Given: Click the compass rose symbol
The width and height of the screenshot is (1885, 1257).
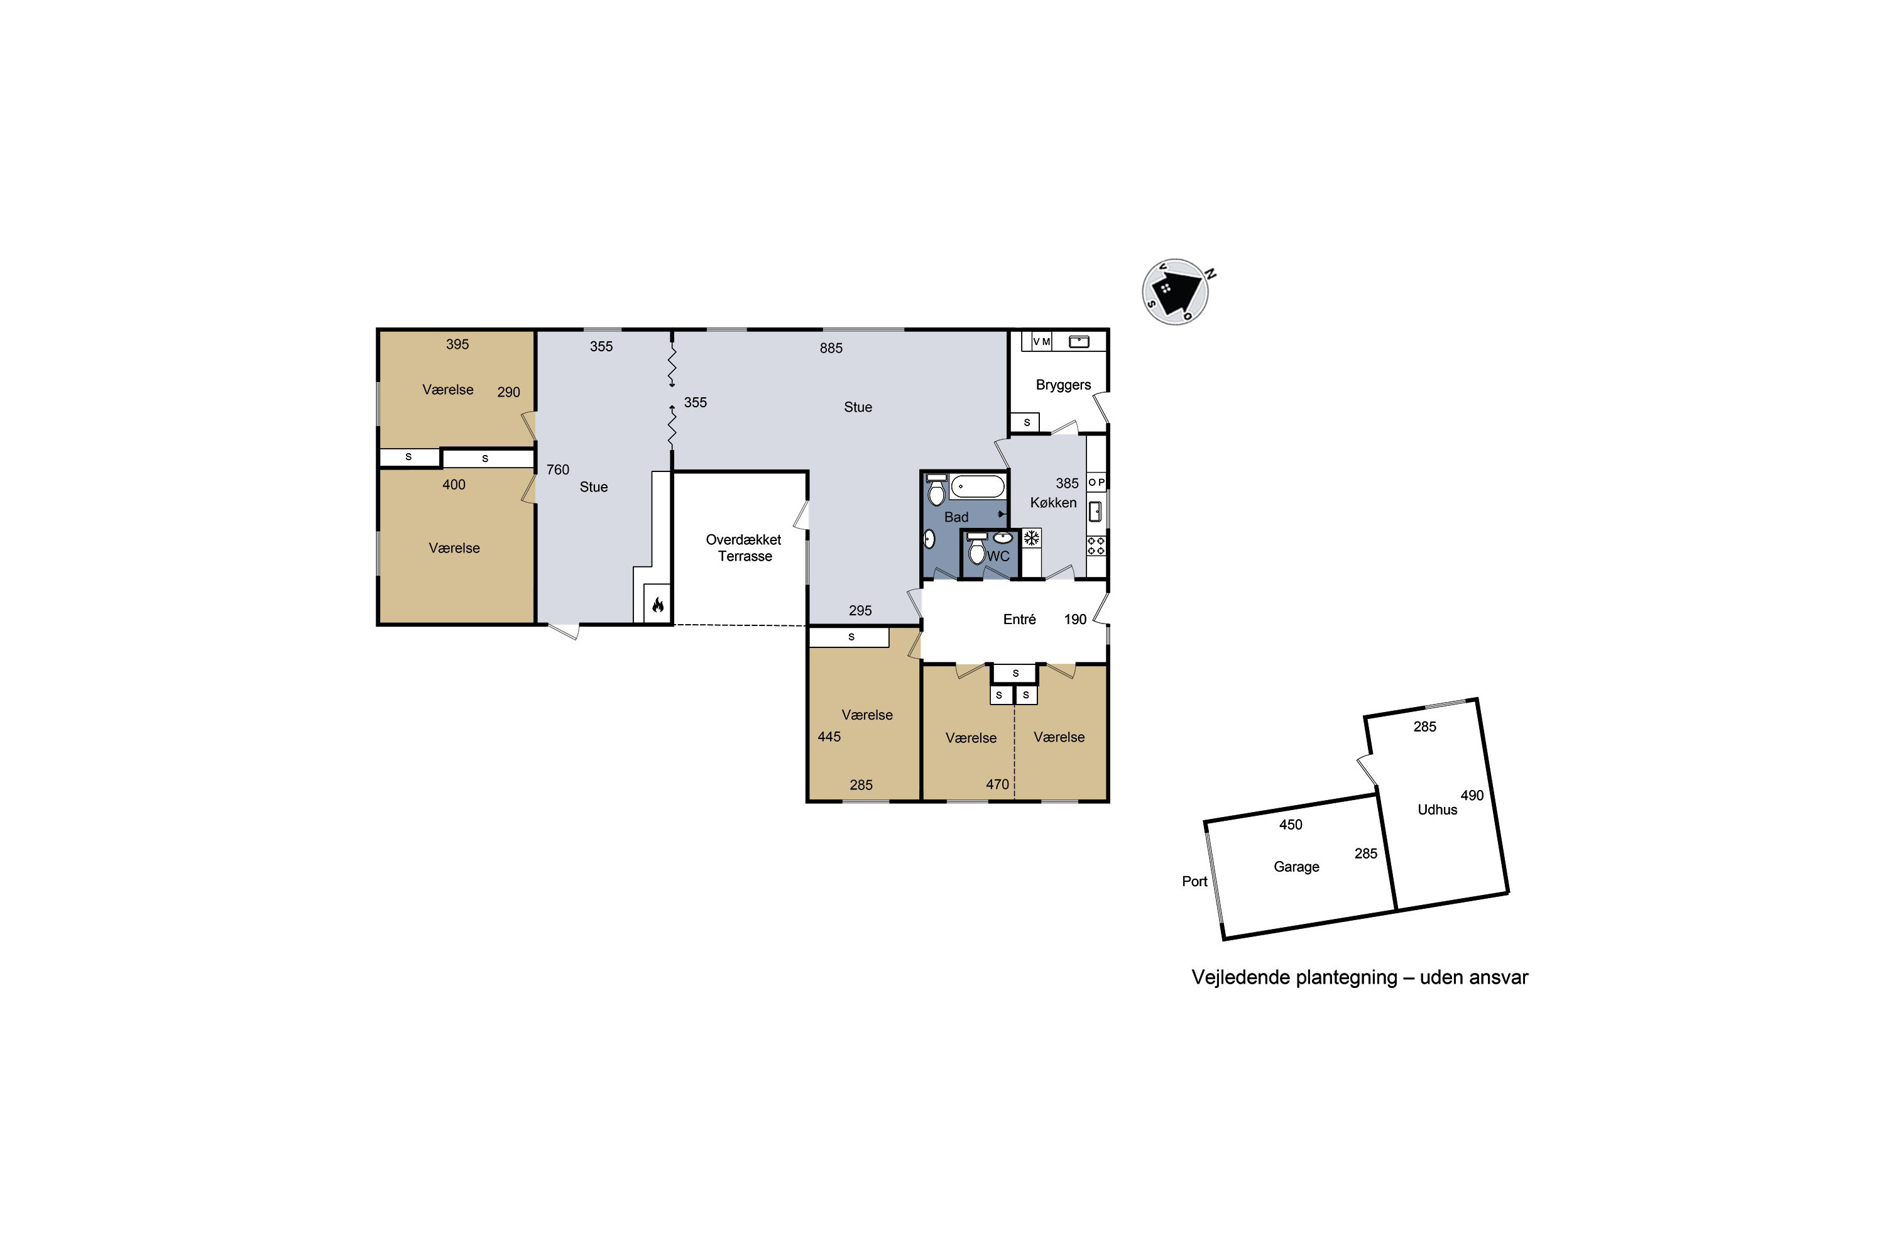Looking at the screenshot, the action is pyautogui.click(x=1176, y=292).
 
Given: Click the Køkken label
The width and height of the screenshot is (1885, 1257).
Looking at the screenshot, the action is pyautogui.click(x=1053, y=503).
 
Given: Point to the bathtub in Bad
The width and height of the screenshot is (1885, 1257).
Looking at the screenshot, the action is pyautogui.click(x=978, y=486).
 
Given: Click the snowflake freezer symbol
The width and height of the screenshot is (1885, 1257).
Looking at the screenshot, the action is pyautogui.click(x=1032, y=538).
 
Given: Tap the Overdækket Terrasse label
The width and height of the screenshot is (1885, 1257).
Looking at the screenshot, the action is pyautogui.click(x=744, y=548).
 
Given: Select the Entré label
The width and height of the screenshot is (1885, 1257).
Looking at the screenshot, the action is pyautogui.click(x=1019, y=619).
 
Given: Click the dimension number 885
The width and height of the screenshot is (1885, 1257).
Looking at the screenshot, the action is pyautogui.click(x=831, y=348).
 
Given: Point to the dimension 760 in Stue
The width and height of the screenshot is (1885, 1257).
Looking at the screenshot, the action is pyautogui.click(x=558, y=469).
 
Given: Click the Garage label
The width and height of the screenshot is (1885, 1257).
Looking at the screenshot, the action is pyautogui.click(x=1296, y=867).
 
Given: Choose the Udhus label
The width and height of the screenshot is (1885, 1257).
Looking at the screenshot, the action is pyautogui.click(x=1437, y=810).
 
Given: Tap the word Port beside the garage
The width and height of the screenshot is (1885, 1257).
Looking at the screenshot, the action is pyautogui.click(x=1194, y=882).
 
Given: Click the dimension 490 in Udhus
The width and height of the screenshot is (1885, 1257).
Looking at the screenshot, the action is pyautogui.click(x=1472, y=795).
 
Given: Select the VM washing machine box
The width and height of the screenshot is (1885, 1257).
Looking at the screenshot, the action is pyautogui.click(x=1041, y=341).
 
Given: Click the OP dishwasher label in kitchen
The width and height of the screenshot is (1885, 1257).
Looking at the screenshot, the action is pyautogui.click(x=1096, y=483).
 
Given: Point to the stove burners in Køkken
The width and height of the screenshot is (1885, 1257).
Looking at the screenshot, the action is pyautogui.click(x=1096, y=547).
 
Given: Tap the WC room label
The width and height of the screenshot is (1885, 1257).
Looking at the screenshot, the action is pyautogui.click(x=998, y=556).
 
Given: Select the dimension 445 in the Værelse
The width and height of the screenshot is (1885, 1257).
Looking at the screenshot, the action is pyautogui.click(x=829, y=737).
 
